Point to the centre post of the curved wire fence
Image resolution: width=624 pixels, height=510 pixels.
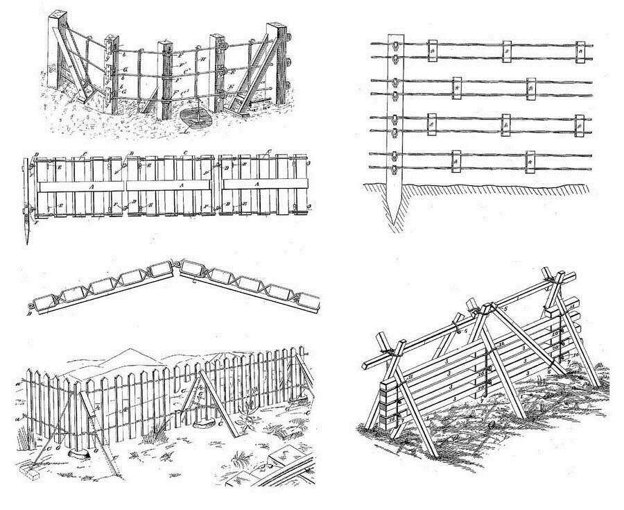[165, 76]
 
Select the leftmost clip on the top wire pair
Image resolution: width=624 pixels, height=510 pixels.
[431, 49]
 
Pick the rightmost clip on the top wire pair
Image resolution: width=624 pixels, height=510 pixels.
[580, 49]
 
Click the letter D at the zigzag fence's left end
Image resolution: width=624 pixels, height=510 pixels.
[28, 313]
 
